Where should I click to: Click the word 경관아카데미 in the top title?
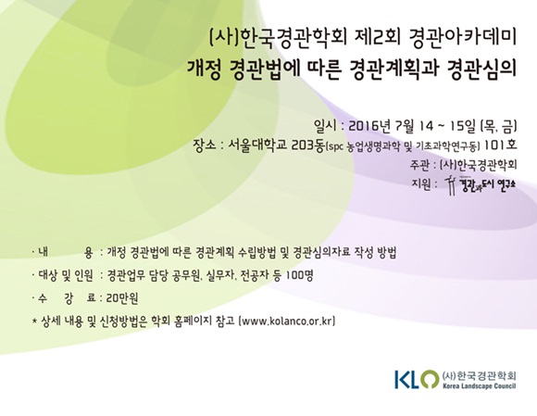462,38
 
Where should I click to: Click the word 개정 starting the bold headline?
204,69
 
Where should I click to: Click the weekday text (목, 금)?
499,126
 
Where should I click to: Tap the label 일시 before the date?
325,126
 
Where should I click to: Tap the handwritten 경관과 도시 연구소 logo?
481,184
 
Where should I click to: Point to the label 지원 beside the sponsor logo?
421,184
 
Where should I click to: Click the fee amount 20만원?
122,298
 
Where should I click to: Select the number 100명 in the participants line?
300,275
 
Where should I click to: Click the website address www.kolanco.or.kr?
288,321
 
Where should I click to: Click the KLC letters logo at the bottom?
416,379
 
